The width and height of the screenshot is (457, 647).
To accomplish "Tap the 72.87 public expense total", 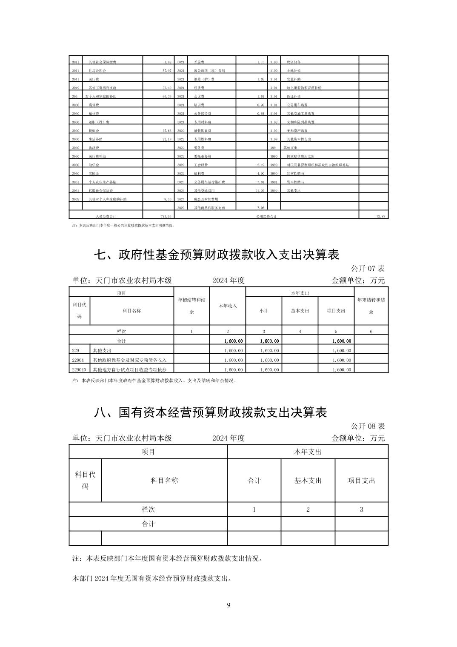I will click(x=380, y=217).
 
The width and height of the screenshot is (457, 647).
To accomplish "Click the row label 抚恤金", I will click(x=94, y=131).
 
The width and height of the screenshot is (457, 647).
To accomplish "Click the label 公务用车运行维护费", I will click(x=209, y=182).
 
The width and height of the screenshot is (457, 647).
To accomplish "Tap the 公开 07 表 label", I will click(x=368, y=269).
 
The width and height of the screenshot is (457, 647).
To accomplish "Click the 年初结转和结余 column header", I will click(x=191, y=306).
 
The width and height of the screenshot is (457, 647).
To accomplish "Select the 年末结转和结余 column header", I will click(x=371, y=306).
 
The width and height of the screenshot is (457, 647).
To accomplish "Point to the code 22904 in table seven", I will click(x=78, y=360).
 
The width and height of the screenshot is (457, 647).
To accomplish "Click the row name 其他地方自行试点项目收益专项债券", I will click(x=129, y=369).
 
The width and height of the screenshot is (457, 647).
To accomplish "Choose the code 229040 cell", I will click(x=79, y=369).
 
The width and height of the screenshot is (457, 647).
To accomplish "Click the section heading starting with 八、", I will click(x=210, y=412).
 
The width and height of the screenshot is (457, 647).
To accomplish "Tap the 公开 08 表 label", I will click(x=368, y=426).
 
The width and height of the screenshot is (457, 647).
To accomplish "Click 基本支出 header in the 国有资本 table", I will click(x=308, y=481).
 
